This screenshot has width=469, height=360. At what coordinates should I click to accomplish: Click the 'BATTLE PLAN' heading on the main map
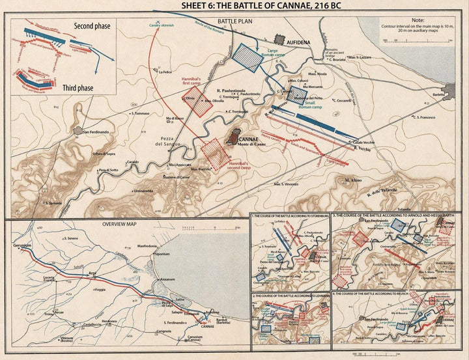click(234, 21)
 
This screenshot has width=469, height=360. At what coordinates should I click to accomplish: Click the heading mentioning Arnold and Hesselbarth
click(399, 215)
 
